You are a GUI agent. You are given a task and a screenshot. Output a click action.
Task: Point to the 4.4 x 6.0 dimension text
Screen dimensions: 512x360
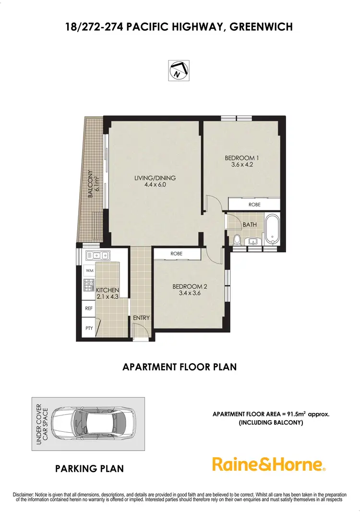tap(155, 184)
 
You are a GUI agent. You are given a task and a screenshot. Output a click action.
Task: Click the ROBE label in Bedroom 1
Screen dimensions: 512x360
tap(254, 205)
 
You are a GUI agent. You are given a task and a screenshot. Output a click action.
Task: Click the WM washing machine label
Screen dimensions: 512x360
tap(89, 271)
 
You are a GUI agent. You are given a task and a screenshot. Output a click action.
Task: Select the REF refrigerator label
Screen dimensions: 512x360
tap(89, 308)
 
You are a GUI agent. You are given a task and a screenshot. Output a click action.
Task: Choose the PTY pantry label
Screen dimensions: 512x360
tap(89, 328)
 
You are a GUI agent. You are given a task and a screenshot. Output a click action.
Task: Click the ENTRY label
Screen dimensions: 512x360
tap(142, 317)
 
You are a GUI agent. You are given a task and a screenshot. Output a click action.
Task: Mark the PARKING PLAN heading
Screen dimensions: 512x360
tap(89, 468)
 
